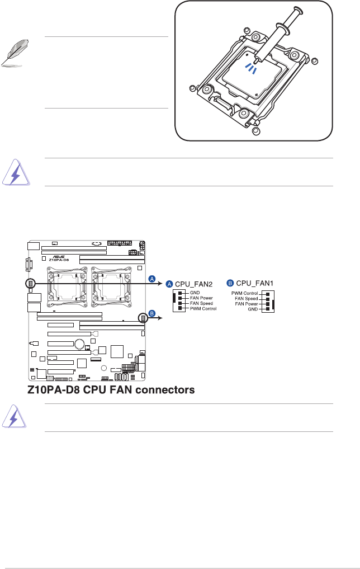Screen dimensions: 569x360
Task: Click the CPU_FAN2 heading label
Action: (194, 284)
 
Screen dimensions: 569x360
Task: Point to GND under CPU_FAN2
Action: (195, 293)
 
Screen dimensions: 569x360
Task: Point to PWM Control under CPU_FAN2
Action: (203, 309)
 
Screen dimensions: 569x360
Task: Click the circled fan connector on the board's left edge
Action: (31, 284)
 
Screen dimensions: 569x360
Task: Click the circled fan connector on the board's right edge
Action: (144, 318)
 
